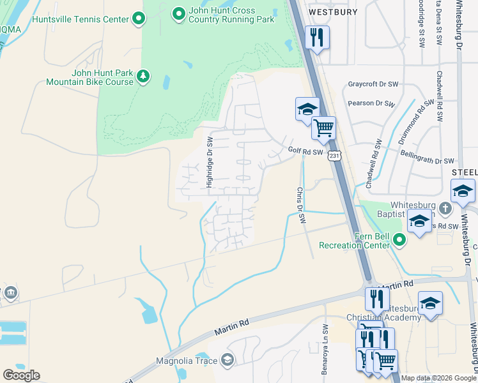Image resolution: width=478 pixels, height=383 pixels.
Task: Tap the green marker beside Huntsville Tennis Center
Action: pos(139,20)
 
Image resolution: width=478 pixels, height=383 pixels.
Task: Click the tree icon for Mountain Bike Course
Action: pos(144,77)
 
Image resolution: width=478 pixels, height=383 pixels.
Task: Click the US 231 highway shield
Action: pos(333,155)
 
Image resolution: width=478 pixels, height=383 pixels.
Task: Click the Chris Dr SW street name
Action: pos(299,206)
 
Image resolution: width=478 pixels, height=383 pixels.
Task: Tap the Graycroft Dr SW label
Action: pos(373,84)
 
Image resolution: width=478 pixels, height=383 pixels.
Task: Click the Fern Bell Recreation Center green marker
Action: pos(400,240)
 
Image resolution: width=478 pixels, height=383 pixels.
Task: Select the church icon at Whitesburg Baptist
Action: pos(445,208)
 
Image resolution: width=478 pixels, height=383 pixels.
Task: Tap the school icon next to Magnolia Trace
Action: pos(227,361)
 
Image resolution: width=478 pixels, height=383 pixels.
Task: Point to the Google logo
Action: pos(21,375)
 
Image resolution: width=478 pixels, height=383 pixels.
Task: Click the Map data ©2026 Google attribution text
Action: pos(438,378)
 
